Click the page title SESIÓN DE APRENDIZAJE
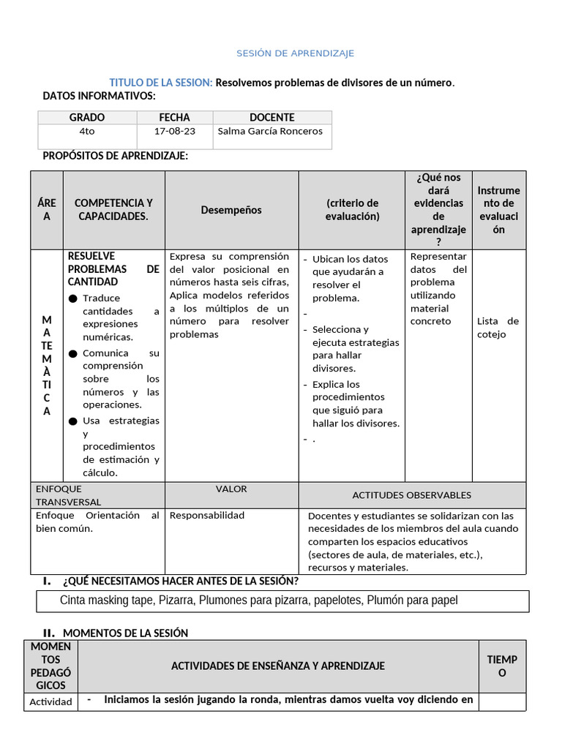tap(295, 53)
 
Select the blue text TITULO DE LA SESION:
tap(161, 83)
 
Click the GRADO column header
tap(87, 117)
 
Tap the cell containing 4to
tap(87, 132)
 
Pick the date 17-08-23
tap(174, 132)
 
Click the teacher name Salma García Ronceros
tap(270, 132)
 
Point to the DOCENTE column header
tap(271, 117)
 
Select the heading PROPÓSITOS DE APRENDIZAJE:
tap(116, 156)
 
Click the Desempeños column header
tap(231, 210)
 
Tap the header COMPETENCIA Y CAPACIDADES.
tap(113, 209)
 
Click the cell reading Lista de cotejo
tap(498, 328)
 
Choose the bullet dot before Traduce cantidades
tap(72, 298)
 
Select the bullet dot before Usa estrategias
tap(72, 421)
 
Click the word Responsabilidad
tap(207, 516)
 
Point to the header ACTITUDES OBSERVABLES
tap(411, 495)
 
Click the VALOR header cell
tap(231, 489)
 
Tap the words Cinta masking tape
tap(103, 601)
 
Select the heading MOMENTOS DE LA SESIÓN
tap(125, 633)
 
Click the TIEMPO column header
tap(501, 666)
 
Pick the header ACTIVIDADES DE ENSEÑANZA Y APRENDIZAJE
tap(277, 666)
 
